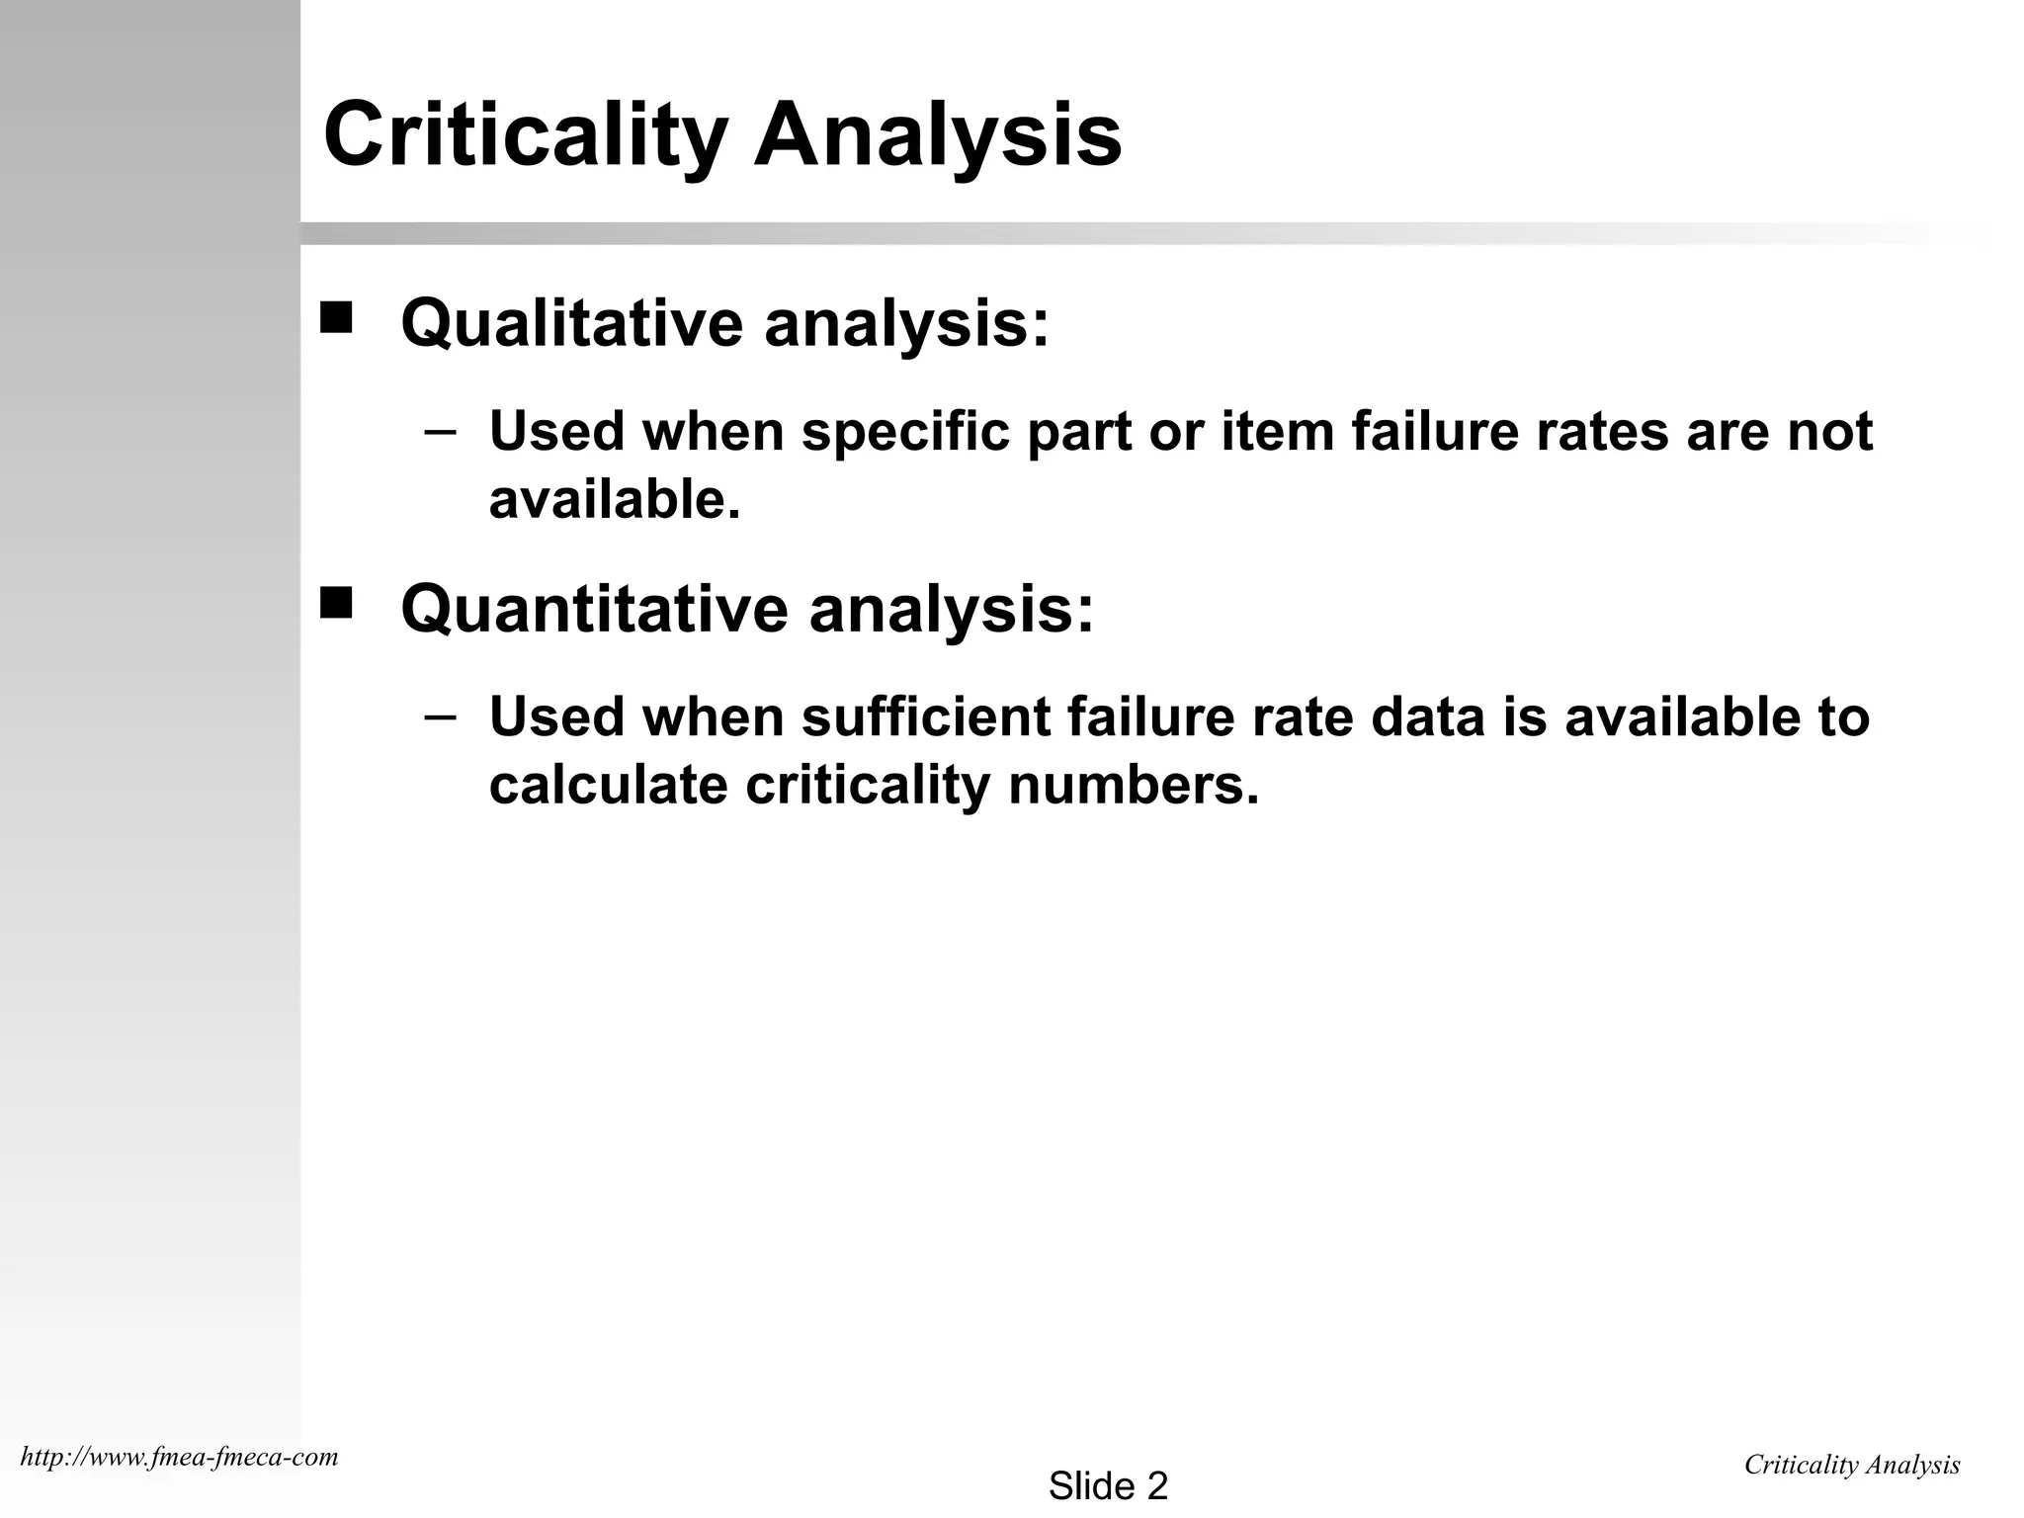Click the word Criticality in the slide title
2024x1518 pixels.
pyautogui.click(x=525, y=134)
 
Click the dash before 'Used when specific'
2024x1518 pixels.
pyautogui.click(x=440, y=432)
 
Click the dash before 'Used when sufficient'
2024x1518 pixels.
pyautogui.click(x=440, y=717)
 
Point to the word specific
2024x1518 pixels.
pyautogui.click(x=905, y=432)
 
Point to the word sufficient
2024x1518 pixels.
pyautogui.click(x=926, y=717)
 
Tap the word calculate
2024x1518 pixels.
pyautogui.click(x=608, y=786)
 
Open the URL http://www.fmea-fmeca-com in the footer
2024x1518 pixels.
pyautogui.click(x=179, y=1457)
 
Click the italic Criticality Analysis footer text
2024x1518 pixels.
pyautogui.click(x=1852, y=1465)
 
